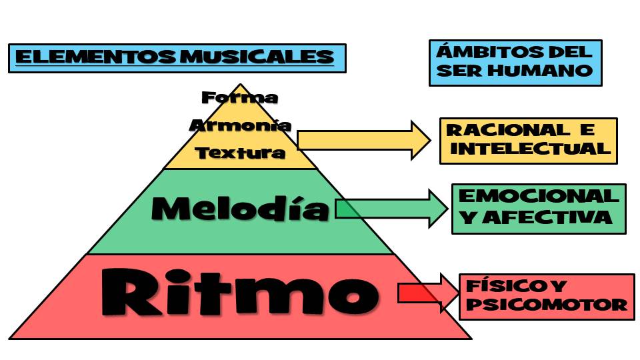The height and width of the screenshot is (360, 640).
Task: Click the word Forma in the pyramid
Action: [240, 97]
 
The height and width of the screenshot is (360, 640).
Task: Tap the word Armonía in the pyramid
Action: [240, 125]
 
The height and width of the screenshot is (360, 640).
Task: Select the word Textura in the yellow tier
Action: [240, 153]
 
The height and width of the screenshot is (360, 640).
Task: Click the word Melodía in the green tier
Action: [241, 209]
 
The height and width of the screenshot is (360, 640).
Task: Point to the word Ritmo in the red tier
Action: [240, 292]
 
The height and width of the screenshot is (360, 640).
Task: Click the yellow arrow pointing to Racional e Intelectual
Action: [364, 141]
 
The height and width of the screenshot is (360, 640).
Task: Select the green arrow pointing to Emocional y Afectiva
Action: [391, 209]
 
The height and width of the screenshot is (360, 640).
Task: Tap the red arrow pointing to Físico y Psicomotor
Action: [428, 293]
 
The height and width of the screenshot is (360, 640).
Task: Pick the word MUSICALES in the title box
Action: [257, 57]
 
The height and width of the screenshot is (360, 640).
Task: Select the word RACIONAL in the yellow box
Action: [508, 130]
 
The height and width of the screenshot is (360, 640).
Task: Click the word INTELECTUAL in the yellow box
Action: [530, 148]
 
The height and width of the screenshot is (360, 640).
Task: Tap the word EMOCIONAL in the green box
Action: [539, 196]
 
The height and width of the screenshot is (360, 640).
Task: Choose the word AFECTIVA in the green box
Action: [547, 217]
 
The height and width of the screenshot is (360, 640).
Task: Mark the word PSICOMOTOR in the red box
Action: [547, 304]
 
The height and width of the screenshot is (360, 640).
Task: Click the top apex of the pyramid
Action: [240, 84]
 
